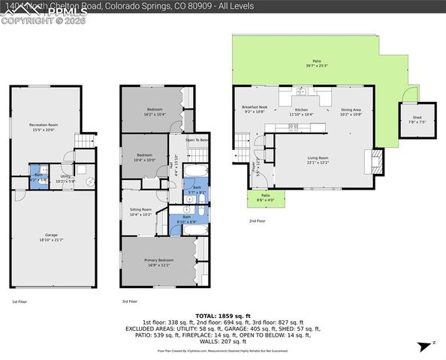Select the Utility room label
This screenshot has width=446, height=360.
tap(66, 177)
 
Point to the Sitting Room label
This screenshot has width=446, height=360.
tap(140, 211)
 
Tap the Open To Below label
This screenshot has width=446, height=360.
tap(197, 140)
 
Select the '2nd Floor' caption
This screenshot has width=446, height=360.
tap(258, 221)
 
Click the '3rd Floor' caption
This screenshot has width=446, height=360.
tap(130, 301)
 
